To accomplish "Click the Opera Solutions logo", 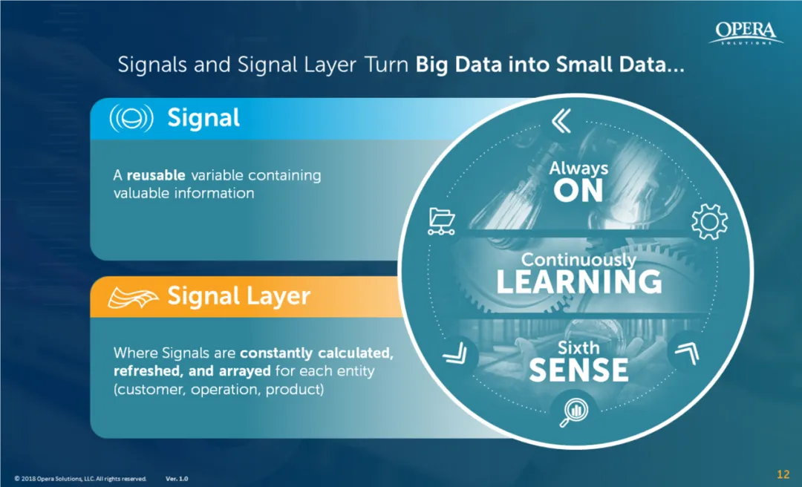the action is pos(745,33).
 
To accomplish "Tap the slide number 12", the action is pos(783,474).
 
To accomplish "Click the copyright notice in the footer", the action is pos(80,479).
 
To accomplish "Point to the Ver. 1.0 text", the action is pos(177,479).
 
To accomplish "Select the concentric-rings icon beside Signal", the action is pos(131,119).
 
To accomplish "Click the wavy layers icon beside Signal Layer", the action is pos(134,297).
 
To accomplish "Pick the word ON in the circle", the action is pos(578,192).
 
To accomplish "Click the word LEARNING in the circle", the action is pos(578,282).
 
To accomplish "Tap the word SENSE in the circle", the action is pos(578,370).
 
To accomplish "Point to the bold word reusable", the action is pos(157,176).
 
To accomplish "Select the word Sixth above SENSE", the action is pos(578,347).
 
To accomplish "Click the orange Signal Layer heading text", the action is pos(238,297).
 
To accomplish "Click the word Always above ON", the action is pos(578,169).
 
